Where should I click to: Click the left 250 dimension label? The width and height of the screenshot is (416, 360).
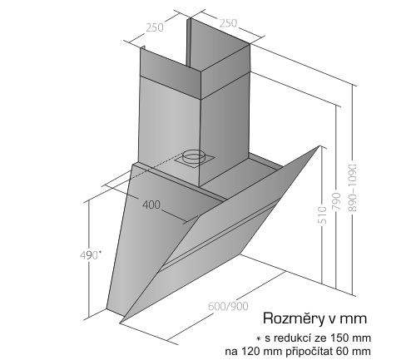[155, 27]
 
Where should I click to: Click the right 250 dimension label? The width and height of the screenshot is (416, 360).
[229, 23]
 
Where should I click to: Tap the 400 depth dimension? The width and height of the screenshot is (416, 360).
[151, 205]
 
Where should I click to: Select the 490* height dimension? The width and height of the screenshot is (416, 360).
[91, 255]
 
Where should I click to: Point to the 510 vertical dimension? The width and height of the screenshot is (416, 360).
[322, 215]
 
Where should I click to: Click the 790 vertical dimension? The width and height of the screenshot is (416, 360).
[337, 200]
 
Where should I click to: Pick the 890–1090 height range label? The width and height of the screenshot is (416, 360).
[353, 188]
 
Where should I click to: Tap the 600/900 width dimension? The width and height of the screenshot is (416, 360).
[228, 306]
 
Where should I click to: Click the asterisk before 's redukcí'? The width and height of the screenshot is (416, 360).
[259, 338]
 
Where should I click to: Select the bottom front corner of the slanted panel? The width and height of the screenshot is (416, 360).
[121, 323]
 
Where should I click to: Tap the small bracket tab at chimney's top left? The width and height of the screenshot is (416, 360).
[144, 47]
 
